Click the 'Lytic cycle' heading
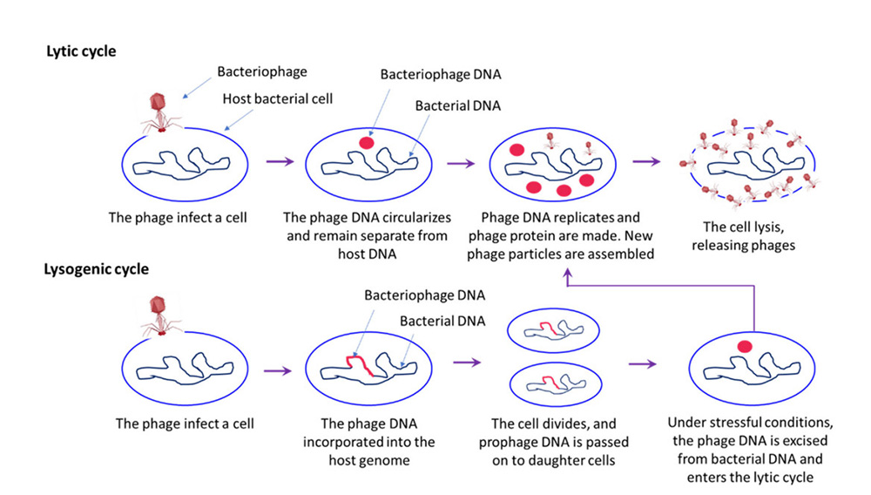point(81,51)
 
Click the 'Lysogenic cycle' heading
point(96,269)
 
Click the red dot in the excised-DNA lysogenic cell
point(743,348)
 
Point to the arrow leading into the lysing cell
point(645,162)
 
